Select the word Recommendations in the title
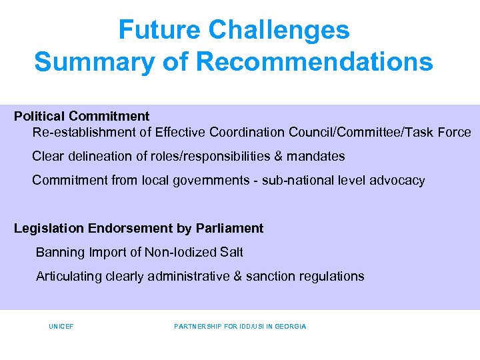click(315, 62)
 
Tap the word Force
click(455, 132)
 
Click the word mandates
click(317, 156)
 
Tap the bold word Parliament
click(229, 228)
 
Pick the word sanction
click(270, 276)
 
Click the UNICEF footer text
click(61, 327)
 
